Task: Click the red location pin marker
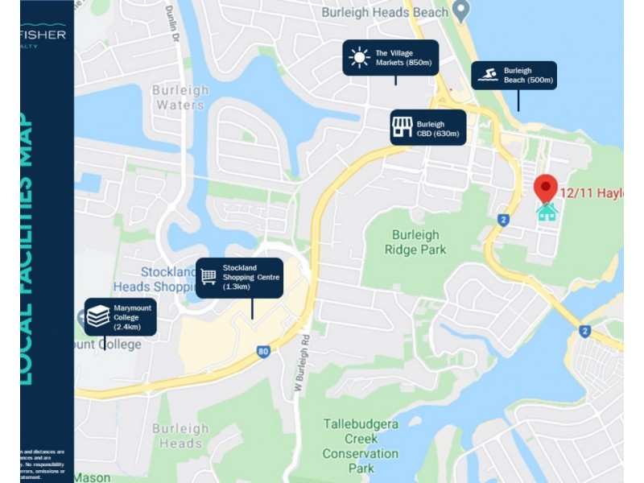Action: coord(546,188)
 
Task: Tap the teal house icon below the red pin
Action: coord(547,213)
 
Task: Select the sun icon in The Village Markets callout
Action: coord(359,58)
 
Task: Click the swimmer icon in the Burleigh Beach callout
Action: coord(487,76)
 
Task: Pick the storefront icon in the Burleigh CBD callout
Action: coord(402,127)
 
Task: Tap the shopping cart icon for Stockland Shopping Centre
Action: coord(208,277)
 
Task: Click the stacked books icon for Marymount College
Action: coord(98,316)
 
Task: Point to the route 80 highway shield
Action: coord(262,351)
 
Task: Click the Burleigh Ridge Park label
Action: coord(415,242)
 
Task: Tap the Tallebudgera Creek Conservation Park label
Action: coord(361,445)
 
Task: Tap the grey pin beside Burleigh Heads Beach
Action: coord(461,11)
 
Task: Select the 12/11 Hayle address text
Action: coord(592,192)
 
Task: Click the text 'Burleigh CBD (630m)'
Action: coord(438,129)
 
